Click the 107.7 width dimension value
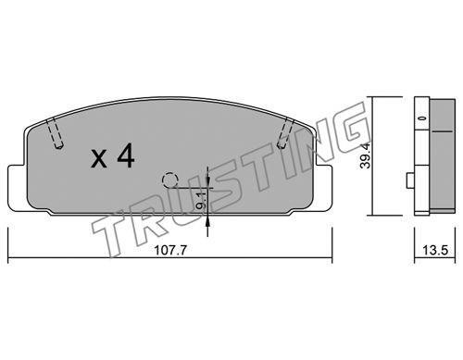click(170, 250)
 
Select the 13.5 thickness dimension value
click(435, 250)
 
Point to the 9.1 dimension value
click(201, 201)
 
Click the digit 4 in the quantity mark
click(126, 155)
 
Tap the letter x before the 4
click(99, 160)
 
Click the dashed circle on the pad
click(170, 180)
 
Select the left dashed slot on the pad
click(55, 132)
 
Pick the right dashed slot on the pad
click(285, 132)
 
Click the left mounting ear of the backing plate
click(16, 188)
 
